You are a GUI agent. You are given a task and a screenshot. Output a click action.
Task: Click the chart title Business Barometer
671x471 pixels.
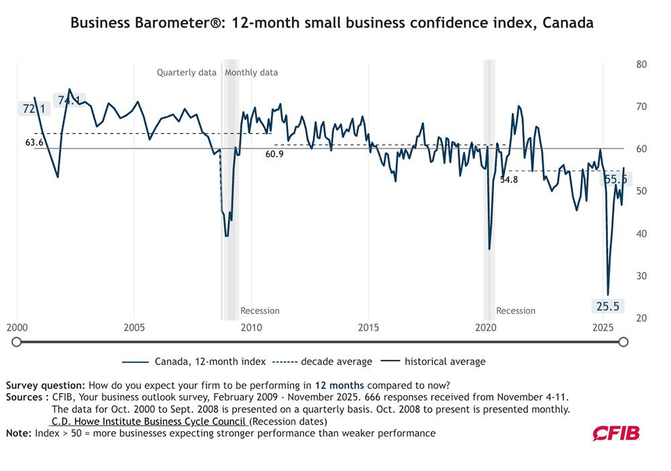tap(331, 23)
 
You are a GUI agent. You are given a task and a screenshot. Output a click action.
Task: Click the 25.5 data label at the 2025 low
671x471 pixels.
tap(608, 306)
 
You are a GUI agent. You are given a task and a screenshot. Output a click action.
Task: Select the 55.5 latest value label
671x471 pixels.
tap(615, 179)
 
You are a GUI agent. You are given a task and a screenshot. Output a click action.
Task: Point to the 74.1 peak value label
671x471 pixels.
tap(69, 100)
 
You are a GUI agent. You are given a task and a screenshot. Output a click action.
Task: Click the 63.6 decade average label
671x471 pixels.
tap(35, 142)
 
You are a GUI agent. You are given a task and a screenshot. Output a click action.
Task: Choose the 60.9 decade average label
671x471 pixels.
tap(274, 154)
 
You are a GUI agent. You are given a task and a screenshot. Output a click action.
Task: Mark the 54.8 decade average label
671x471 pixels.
tap(509, 180)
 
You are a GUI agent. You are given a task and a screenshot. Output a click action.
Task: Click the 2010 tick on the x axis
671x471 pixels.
tap(252, 328)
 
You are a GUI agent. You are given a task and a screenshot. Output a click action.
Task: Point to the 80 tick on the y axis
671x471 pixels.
tap(641, 65)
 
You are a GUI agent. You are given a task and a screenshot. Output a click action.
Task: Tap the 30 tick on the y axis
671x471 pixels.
tap(641, 276)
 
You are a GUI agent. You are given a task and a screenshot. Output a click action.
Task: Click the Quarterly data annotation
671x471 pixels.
tap(187, 73)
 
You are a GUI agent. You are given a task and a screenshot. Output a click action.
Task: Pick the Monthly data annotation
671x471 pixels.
tap(251, 73)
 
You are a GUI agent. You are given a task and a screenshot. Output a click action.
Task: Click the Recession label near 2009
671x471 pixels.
tap(260, 311)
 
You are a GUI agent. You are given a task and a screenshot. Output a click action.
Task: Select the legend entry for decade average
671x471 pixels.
tap(322, 361)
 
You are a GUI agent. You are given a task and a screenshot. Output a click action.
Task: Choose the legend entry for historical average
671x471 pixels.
tap(433, 361)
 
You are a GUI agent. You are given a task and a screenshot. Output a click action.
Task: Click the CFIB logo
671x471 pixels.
tap(616, 434)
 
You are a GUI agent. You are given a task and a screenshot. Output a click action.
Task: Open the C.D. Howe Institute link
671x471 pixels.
tap(149, 421)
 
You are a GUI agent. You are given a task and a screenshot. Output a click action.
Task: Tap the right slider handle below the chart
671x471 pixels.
tap(623, 342)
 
